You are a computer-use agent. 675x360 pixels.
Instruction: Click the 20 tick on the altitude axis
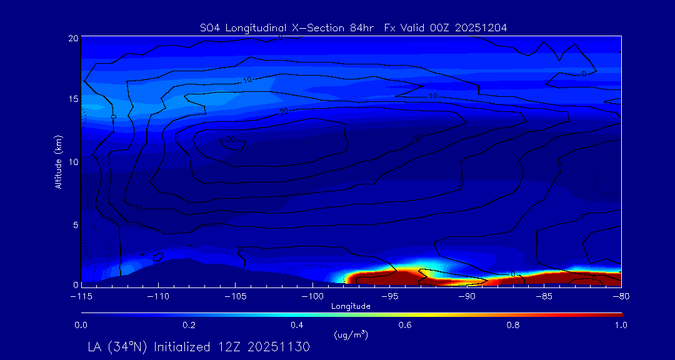(x=72, y=38)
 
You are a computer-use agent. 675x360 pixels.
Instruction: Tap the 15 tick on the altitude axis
(x=72, y=99)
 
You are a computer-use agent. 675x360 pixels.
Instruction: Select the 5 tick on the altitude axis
(x=74, y=224)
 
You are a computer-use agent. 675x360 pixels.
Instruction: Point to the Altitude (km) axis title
(x=58, y=161)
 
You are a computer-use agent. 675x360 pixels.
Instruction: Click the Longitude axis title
(x=351, y=306)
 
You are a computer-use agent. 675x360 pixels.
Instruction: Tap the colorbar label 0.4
(x=297, y=325)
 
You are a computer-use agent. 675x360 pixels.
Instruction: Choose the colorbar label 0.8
(x=513, y=325)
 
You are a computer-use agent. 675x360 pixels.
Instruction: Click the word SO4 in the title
(x=210, y=27)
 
